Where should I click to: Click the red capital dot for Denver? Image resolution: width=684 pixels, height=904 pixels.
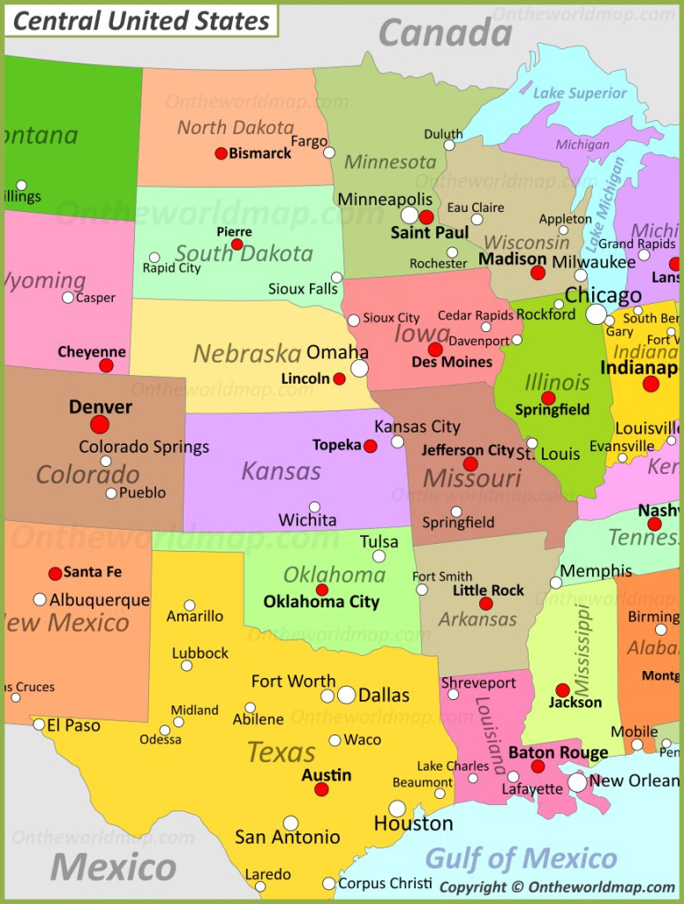pyautogui.click(x=100, y=425)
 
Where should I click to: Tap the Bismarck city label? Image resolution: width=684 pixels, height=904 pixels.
pyautogui.click(x=259, y=154)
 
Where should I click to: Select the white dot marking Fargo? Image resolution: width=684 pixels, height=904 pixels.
pyautogui.click(x=329, y=153)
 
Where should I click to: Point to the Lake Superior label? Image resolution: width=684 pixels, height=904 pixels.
pyautogui.click(x=580, y=93)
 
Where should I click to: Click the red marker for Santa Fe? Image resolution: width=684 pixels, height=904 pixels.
pyautogui.click(x=56, y=573)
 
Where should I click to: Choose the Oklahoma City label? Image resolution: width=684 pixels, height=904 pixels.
pyautogui.click(x=321, y=602)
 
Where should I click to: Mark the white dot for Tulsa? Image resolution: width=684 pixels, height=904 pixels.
pyautogui.click(x=379, y=556)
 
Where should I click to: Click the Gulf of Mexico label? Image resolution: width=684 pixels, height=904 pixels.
pyautogui.click(x=521, y=857)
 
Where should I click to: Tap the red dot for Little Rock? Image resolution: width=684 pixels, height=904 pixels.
pyautogui.click(x=485, y=604)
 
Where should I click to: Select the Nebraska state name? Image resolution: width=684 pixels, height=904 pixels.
pyautogui.click(x=247, y=354)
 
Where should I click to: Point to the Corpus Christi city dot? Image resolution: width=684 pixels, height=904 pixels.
pyautogui.click(x=329, y=883)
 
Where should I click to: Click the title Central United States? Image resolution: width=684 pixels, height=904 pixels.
pyautogui.click(x=142, y=20)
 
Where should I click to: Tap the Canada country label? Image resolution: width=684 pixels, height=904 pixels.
pyautogui.click(x=445, y=34)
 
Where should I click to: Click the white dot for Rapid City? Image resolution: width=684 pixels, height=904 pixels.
pyautogui.click(x=154, y=258)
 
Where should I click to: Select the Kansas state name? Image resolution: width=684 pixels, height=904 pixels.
pyautogui.click(x=281, y=471)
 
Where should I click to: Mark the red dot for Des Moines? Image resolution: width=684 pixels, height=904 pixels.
pyautogui.click(x=435, y=350)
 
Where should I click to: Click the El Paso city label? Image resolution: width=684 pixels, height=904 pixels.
pyautogui.click(x=73, y=726)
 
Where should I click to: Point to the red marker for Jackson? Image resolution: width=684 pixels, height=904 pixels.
pyautogui.click(x=562, y=689)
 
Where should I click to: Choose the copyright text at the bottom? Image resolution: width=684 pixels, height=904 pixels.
pyautogui.click(x=557, y=887)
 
